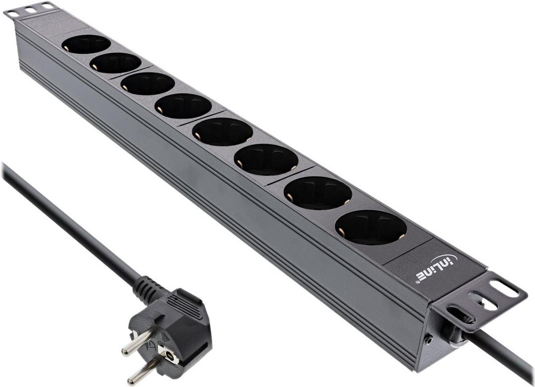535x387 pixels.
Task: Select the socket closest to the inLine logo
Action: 371,227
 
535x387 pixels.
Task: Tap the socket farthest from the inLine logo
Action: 86,44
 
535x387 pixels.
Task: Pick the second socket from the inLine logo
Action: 318,193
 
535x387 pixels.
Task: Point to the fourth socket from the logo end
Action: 223,131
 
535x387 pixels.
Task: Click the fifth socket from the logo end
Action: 183,106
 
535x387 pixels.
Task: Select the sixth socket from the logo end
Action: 148,84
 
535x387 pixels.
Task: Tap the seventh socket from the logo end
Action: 116,63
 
